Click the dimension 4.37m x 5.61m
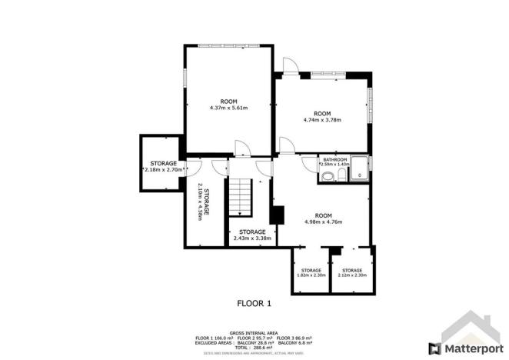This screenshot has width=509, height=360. (x=228, y=108)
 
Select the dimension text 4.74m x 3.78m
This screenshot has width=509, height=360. (x=322, y=120)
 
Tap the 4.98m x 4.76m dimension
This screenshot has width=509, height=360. (x=323, y=222)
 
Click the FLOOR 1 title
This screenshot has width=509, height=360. (x=254, y=303)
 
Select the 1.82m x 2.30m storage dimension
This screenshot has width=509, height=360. (x=311, y=275)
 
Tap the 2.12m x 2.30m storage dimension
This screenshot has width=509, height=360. (x=352, y=275)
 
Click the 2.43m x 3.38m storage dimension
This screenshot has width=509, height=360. (x=252, y=238)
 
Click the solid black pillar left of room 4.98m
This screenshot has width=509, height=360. (x=278, y=214)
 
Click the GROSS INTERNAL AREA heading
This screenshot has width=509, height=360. (x=254, y=332)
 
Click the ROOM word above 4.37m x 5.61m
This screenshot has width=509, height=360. (x=228, y=102)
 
